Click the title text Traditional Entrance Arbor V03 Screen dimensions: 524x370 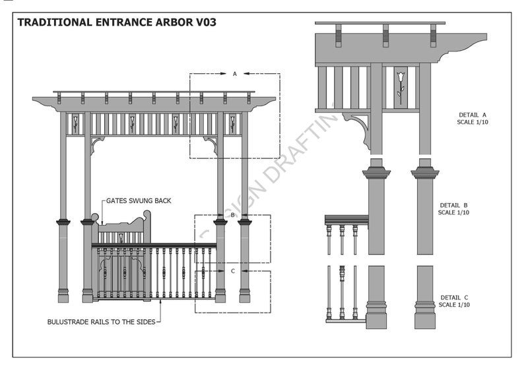point(117,22)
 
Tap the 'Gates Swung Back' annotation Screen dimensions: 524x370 point(140,200)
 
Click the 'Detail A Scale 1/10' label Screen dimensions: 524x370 point(473,118)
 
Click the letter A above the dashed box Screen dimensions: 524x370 point(234,74)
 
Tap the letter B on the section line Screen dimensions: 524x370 point(232,215)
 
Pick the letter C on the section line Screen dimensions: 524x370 point(232,270)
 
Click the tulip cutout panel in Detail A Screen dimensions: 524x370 point(400,86)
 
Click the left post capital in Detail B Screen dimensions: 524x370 point(376,173)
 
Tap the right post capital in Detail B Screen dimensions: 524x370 point(425,173)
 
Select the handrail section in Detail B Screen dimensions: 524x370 point(346,220)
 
